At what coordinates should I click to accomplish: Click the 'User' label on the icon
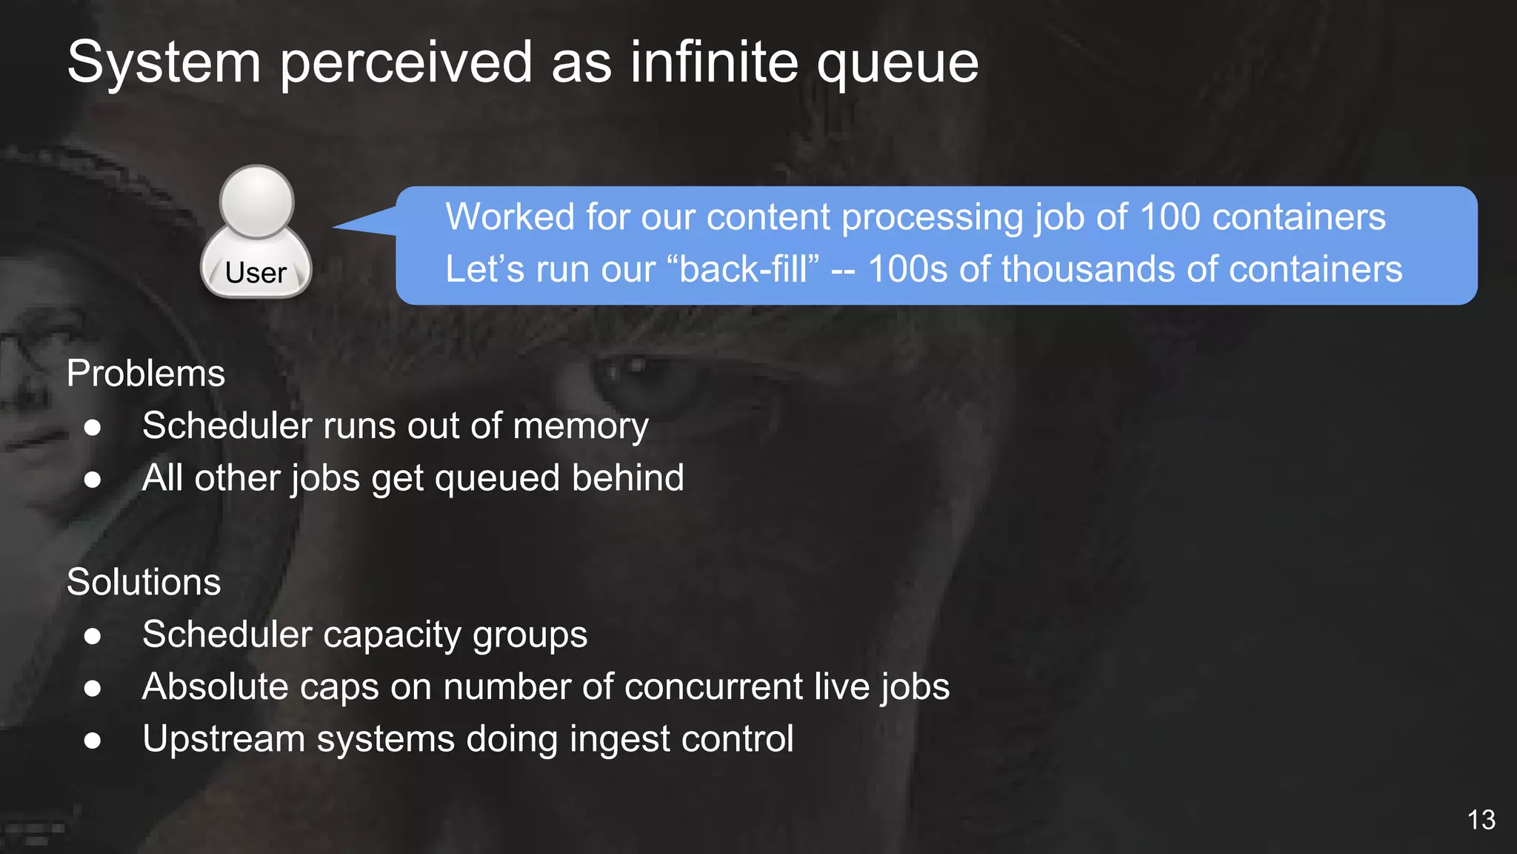256,273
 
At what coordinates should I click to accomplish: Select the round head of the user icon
257,202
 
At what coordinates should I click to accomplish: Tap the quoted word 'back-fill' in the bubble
747,269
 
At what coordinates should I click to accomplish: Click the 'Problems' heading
146,374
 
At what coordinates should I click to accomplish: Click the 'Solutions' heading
144,582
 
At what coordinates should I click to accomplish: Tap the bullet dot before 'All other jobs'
93,480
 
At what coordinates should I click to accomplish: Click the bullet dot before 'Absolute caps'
93,688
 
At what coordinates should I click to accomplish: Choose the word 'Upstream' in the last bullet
224,740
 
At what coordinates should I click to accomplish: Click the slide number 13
1481,820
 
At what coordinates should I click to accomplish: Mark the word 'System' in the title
164,62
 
